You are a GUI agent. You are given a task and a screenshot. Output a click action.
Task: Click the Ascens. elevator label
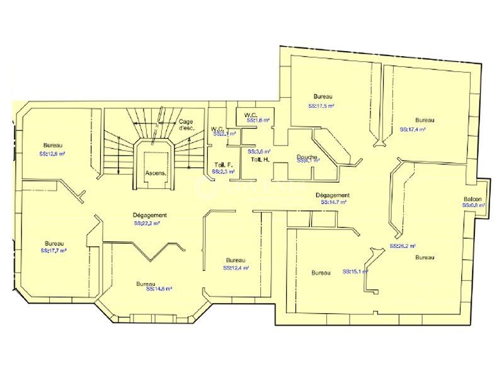(x=155, y=172)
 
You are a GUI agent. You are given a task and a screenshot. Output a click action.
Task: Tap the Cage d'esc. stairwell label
(x=186, y=124)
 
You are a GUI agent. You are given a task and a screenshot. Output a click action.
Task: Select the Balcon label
(x=473, y=199)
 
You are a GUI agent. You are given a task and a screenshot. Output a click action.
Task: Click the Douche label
(x=307, y=157)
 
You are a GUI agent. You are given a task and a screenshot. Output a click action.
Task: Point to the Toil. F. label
(x=223, y=165)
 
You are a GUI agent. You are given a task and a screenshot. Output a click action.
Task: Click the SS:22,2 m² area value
(x=146, y=223)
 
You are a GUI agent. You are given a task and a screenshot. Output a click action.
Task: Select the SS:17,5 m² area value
(x=321, y=106)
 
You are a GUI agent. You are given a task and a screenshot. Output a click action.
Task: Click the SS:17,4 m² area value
(x=413, y=129)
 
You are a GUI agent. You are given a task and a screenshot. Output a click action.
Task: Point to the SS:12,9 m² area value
(x=52, y=154)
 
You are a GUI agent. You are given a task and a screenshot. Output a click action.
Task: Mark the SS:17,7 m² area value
(x=54, y=250)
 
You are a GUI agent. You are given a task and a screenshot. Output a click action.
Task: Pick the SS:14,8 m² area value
(x=159, y=289)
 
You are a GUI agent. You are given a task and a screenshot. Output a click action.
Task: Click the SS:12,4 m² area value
(x=236, y=268)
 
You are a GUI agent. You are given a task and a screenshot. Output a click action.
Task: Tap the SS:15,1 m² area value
(x=355, y=272)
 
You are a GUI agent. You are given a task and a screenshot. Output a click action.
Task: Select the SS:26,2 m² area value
(x=403, y=246)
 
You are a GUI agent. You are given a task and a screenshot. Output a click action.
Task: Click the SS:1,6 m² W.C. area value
(x=258, y=120)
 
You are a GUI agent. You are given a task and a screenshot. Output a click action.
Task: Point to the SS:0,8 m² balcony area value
(x=474, y=205)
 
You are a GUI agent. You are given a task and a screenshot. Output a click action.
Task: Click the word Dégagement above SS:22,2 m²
(x=150, y=215)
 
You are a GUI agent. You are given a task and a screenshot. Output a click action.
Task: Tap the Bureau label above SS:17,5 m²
(x=321, y=97)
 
